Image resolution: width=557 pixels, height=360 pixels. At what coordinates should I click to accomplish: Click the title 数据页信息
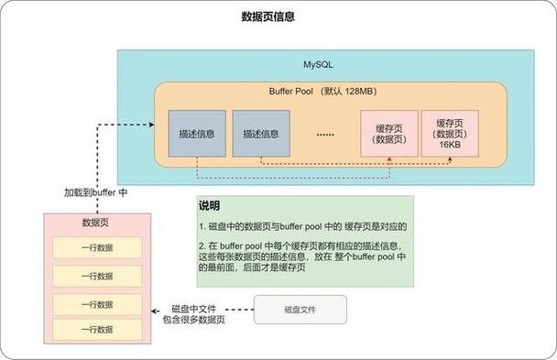pos(268,16)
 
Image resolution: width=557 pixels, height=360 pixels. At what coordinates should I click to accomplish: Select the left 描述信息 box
pos(196,134)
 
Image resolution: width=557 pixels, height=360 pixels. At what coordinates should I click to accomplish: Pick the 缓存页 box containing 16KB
pos(449,134)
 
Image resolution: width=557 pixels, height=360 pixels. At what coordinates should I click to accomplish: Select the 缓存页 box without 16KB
pos(389,134)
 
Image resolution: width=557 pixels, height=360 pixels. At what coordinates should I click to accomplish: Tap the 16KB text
pos(449,145)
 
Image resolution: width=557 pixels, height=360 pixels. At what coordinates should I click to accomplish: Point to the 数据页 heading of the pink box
pos(96,223)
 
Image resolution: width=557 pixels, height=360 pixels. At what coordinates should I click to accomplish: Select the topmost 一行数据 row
pos(96,248)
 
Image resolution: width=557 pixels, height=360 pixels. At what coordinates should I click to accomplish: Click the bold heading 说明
pos(210,206)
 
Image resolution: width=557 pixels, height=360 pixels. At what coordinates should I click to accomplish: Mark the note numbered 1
pos(302,226)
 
